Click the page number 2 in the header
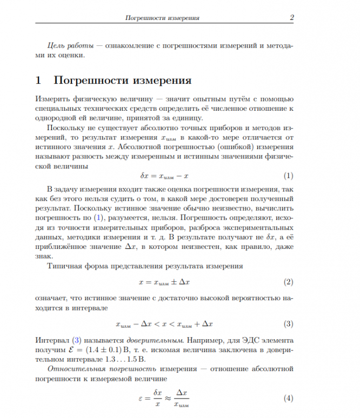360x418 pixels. coord(291,18)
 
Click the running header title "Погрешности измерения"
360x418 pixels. coord(162,18)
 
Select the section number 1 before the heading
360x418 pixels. coord(38,81)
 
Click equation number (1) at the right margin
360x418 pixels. coord(288,176)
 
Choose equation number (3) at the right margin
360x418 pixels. coord(288,324)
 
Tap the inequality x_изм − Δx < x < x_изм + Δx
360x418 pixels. coord(164,325)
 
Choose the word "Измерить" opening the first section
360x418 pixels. coord(51,99)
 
